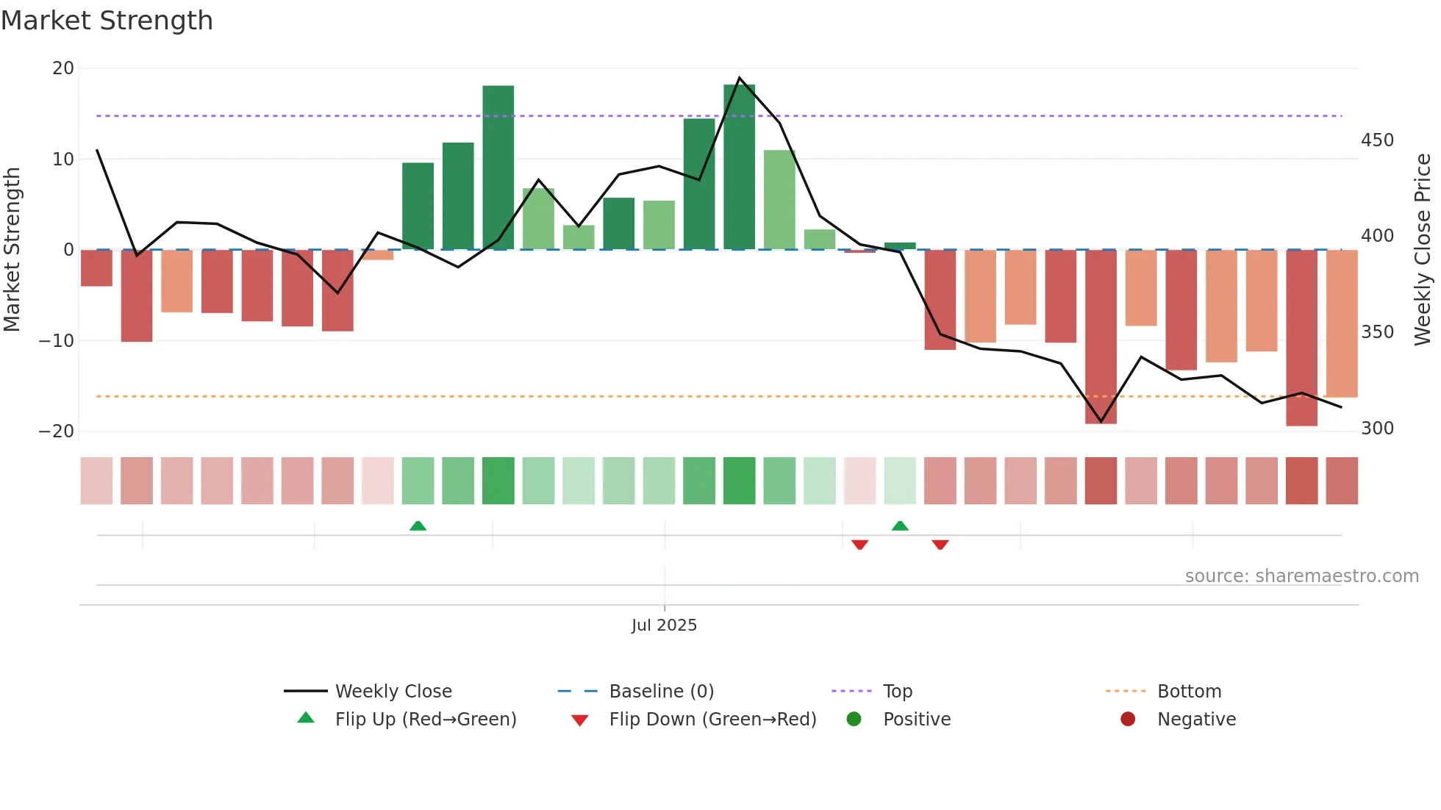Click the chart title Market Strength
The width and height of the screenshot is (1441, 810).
click(107, 21)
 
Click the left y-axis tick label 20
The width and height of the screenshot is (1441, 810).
click(63, 68)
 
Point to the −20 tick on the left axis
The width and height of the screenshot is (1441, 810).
click(57, 431)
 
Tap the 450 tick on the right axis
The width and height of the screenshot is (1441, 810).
click(1377, 140)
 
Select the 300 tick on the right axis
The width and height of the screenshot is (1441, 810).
click(1377, 429)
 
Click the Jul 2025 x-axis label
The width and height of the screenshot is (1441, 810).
click(664, 626)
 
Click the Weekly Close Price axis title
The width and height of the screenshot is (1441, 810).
click(1423, 250)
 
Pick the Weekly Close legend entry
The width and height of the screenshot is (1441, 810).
click(393, 692)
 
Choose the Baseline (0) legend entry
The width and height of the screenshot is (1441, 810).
click(661, 692)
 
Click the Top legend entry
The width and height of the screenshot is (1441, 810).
click(897, 692)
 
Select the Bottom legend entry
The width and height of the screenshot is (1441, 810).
click(1189, 692)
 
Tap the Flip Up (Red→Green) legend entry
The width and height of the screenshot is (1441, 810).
click(425, 720)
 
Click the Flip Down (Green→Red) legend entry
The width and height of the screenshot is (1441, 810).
click(712, 720)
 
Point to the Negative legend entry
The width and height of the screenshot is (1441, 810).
click(1196, 720)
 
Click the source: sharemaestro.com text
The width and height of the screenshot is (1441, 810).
click(1301, 576)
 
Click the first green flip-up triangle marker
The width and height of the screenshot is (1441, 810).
click(418, 526)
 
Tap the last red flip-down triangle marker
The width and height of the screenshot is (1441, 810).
click(940, 545)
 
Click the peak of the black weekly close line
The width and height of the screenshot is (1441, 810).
click(739, 78)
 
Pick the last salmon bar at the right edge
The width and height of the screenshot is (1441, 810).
click(1342, 323)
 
